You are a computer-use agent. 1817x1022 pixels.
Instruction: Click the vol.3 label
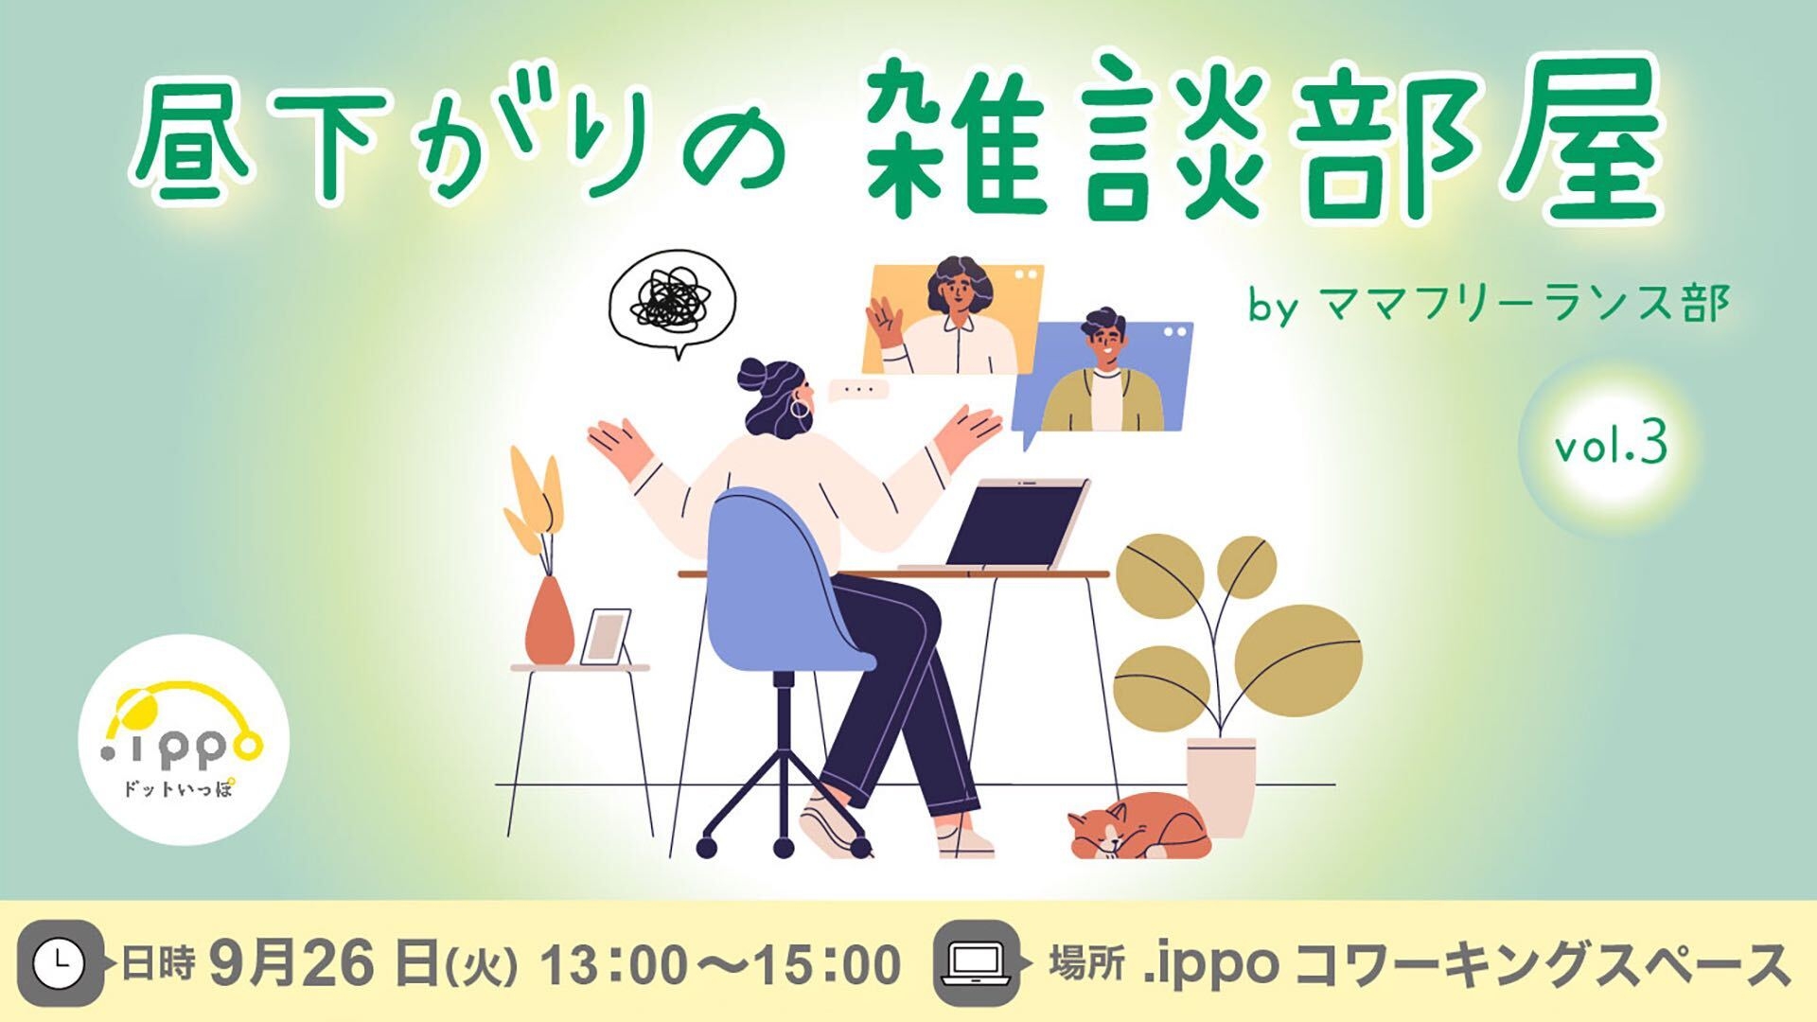pos(1610,447)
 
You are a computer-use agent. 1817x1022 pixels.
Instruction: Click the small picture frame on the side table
pos(606,636)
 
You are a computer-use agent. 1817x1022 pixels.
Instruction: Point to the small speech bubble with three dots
pos(858,390)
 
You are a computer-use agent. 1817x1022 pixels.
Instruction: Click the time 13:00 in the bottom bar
pos(609,965)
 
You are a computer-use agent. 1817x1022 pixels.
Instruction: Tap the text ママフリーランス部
pos(1524,305)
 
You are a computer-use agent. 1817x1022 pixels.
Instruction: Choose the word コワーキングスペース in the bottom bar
pos(1542,965)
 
